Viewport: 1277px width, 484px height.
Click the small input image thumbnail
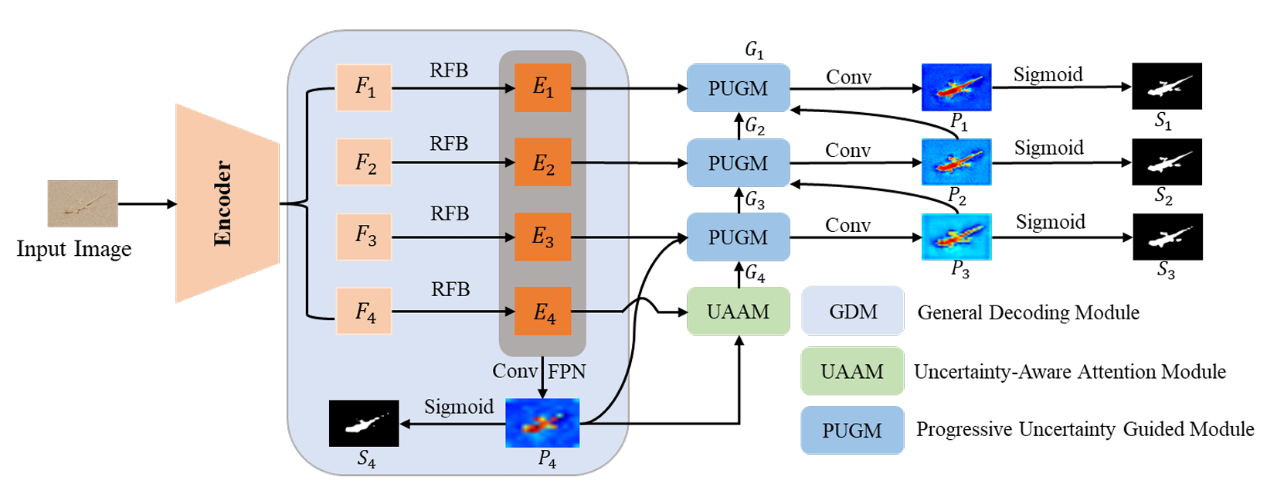pos(83,203)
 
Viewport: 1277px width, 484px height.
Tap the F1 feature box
pos(364,88)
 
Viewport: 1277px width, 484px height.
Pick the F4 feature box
pos(364,311)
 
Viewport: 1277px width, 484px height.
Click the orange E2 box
pos(543,162)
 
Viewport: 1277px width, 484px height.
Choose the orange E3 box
pos(543,237)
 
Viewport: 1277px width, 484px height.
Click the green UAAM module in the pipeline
pos(738,311)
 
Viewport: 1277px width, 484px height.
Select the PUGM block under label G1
pos(738,88)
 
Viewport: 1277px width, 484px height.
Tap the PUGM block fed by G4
pos(738,237)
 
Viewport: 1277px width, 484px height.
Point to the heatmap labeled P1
pos(956,87)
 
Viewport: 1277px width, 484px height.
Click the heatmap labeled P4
pos(542,423)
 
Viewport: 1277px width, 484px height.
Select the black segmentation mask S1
pos(1167,86)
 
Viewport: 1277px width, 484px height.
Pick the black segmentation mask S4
pos(364,423)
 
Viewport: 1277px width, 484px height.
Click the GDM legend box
pos(853,311)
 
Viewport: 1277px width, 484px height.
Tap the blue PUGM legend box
pos(852,430)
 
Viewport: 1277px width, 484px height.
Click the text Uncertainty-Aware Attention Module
pos(1069,372)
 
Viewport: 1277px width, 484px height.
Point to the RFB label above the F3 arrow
pos(450,213)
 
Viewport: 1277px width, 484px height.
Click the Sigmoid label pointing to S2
pos(1048,148)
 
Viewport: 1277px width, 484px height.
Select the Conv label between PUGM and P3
pos(847,225)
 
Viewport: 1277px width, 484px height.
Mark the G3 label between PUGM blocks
pos(755,200)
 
